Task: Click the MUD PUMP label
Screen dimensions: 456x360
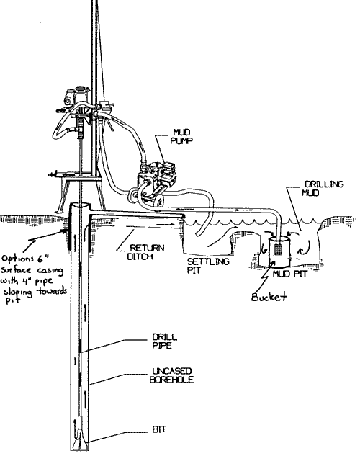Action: [x=181, y=137]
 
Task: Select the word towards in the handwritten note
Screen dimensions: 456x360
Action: [x=52, y=293]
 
